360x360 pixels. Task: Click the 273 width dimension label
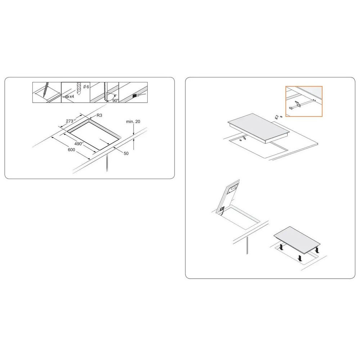(71, 121)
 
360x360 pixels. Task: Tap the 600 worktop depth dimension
(71, 150)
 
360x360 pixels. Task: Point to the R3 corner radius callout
(99, 115)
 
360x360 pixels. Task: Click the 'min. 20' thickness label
(133, 121)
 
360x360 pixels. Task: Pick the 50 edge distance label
(126, 153)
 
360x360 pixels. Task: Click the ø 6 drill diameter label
(86, 87)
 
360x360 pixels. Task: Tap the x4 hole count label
(72, 96)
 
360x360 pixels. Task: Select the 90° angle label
(116, 100)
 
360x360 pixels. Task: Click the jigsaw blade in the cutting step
(105, 91)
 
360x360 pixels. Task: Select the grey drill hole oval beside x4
(67, 96)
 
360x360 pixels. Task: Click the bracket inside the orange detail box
(298, 104)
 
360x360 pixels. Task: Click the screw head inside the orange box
(291, 107)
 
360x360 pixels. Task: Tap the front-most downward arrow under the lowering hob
(300, 258)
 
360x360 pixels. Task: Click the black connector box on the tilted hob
(222, 209)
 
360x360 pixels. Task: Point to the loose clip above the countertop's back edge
(276, 117)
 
